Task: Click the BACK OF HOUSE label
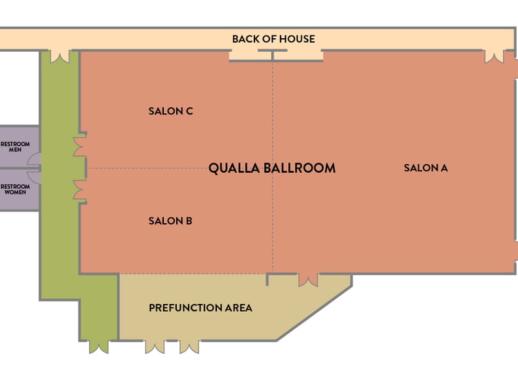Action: (273, 39)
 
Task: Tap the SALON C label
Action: (170, 111)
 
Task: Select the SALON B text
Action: (170, 221)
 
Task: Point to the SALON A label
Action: (426, 168)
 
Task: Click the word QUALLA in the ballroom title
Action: (234, 168)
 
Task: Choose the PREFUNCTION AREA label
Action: (201, 308)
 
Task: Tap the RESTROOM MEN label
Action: (15, 147)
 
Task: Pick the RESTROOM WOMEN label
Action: (15, 189)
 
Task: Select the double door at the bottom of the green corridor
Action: (99, 347)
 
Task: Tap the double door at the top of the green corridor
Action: (60, 56)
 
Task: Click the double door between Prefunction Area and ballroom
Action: (309, 280)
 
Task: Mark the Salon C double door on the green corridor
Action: (79, 147)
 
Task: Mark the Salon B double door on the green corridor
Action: (79, 190)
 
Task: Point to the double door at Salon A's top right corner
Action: (494, 56)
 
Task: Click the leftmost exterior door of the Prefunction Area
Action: (155, 347)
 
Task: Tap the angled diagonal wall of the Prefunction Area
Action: (315, 313)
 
